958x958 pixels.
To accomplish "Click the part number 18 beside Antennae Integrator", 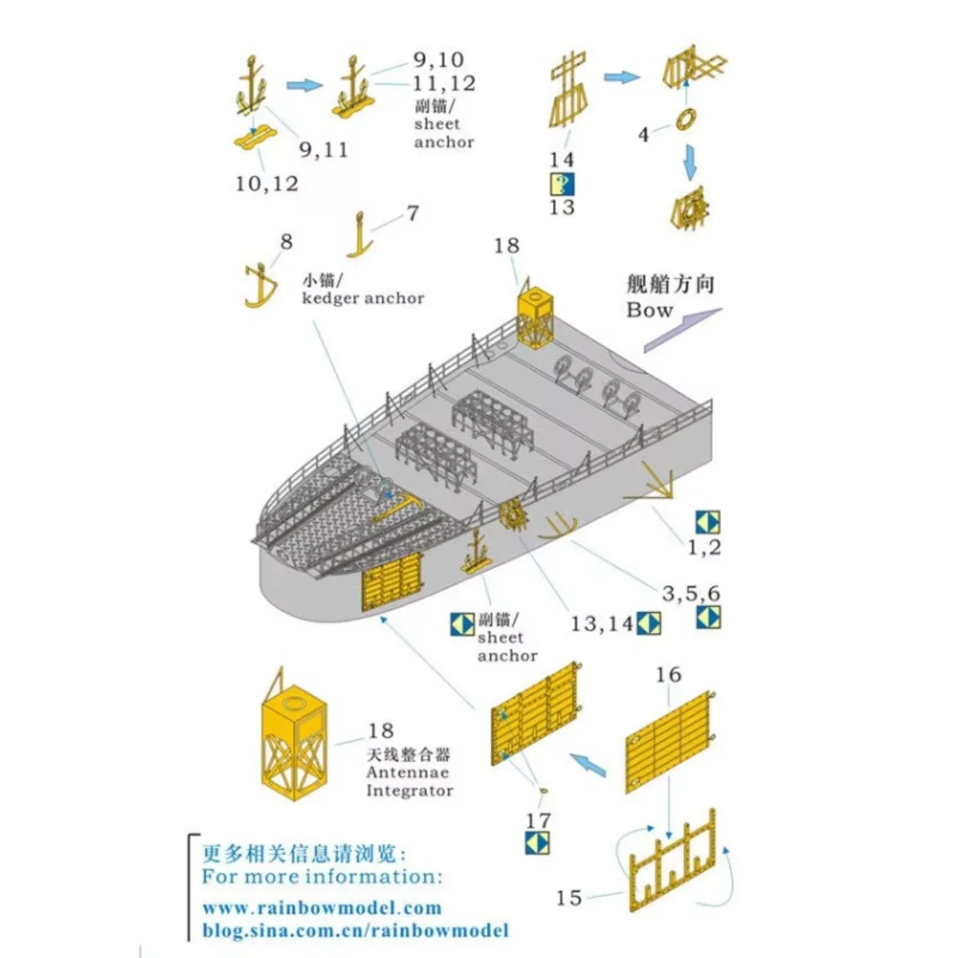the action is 381,730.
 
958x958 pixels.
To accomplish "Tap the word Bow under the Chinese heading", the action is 649,310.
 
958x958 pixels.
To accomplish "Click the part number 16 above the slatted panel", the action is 668,675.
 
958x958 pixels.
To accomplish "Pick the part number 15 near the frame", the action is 569,897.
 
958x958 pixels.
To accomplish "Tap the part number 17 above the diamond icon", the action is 538,820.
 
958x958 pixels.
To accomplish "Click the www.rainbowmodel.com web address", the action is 321,908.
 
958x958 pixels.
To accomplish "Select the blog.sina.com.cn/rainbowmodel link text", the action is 354,930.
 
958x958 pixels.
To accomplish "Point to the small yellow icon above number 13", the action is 562,184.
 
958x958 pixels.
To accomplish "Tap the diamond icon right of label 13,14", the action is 648,623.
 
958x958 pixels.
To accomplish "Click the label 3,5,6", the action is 691,593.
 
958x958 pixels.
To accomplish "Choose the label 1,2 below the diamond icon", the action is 704,547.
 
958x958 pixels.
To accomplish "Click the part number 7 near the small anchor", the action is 412,213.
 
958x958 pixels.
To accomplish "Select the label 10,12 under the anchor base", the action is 267,184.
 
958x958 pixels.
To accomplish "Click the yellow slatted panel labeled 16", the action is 668,742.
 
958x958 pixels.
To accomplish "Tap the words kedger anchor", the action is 362,298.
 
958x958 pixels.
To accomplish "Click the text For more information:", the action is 321,877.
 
